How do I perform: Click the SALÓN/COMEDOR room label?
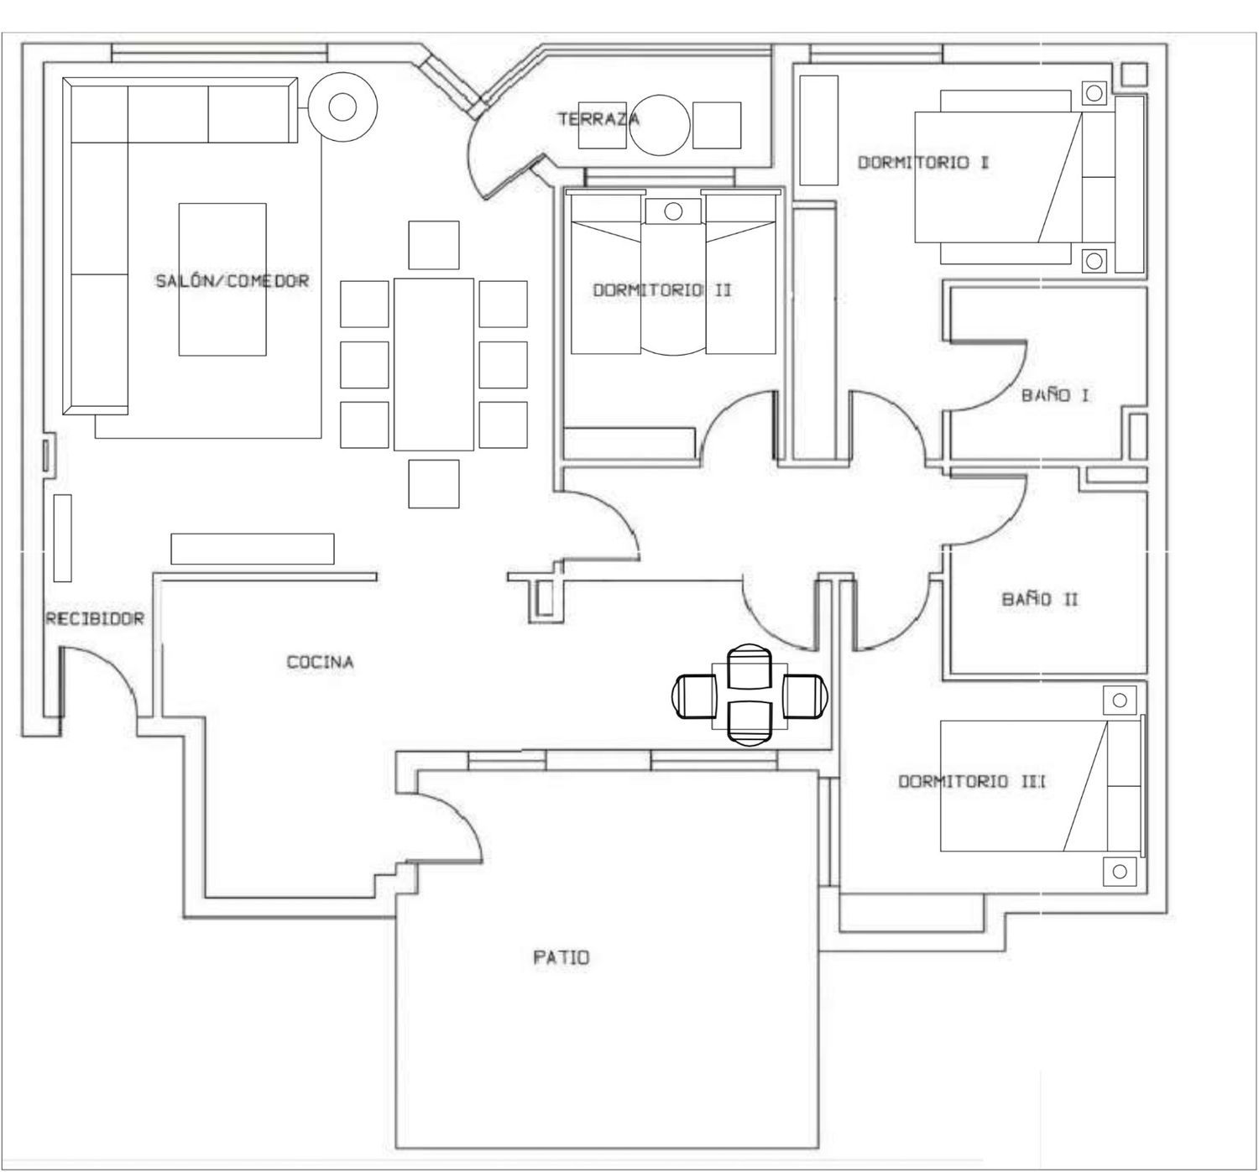(232, 280)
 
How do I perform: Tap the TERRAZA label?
(598, 118)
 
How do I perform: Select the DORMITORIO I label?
(923, 162)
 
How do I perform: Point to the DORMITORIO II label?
(662, 290)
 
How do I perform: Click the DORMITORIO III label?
(971, 782)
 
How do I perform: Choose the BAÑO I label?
(1055, 395)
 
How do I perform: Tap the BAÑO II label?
(1040, 599)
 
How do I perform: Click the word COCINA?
(320, 662)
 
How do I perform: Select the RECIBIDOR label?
(95, 618)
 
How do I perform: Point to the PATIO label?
(561, 957)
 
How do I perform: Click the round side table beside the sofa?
(343, 107)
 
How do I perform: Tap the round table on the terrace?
(660, 125)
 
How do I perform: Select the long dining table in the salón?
(434, 364)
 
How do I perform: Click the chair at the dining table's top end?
(434, 245)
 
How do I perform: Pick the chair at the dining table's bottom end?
(434, 484)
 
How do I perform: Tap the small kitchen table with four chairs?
(750, 695)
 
